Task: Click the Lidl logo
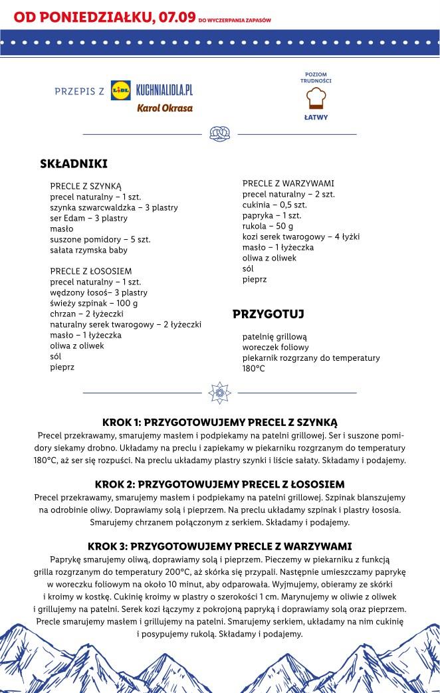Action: click(x=120, y=91)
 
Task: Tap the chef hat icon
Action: click(x=316, y=98)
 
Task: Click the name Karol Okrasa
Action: click(x=165, y=108)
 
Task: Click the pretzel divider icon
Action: click(x=219, y=134)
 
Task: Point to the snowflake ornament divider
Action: click(x=219, y=393)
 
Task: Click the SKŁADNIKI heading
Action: click(x=74, y=163)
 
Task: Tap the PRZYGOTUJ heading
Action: click(x=269, y=314)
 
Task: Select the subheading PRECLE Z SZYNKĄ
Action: click(x=86, y=186)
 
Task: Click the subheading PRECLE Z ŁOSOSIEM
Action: click(x=91, y=271)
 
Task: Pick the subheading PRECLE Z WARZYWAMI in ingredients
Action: click(x=288, y=183)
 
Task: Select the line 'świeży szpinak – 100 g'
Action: click(x=94, y=303)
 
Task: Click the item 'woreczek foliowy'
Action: click(x=276, y=347)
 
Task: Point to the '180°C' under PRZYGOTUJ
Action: click(x=253, y=368)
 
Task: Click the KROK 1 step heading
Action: click(x=220, y=422)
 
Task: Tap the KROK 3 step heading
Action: click(x=219, y=546)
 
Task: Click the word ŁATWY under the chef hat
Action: click(x=316, y=118)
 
